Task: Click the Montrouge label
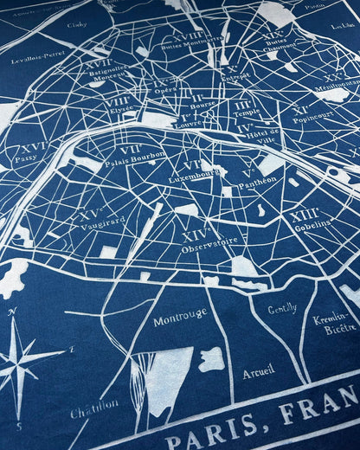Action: point(180,318)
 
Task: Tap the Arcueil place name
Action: point(259,372)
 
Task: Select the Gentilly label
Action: point(282,309)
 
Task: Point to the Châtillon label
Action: point(94,407)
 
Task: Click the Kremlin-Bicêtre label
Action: point(334,324)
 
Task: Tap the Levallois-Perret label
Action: point(38,58)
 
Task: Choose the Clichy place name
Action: point(77,25)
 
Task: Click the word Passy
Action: point(26,158)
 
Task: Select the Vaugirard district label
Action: point(102,223)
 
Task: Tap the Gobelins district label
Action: point(312,223)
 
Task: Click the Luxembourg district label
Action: point(193,177)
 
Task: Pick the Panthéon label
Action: point(257,181)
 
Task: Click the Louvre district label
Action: point(190,124)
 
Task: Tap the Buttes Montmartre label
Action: point(191,42)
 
